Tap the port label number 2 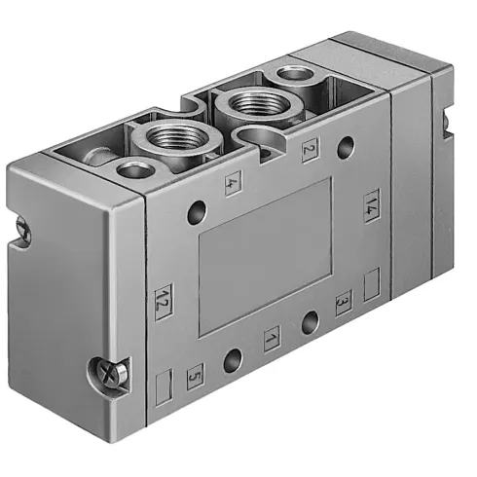[x=310, y=151]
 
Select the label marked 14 [x=371, y=204]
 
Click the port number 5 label [x=195, y=371]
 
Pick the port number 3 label [x=342, y=303]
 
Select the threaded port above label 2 [x=246, y=104]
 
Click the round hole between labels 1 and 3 [x=311, y=323]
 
